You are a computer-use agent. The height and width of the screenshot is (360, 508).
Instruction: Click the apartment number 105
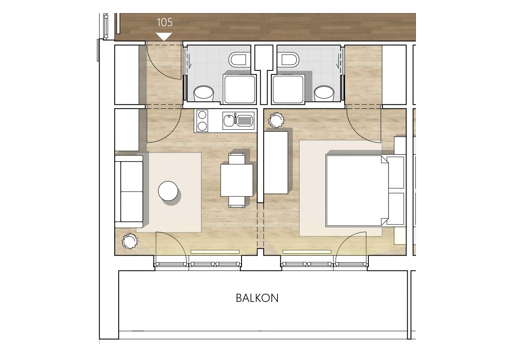pos(165,22)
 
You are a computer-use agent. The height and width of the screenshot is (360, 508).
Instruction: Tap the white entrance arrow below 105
pos(165,36)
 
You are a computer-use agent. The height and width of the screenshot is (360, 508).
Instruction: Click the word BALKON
pos(257,298)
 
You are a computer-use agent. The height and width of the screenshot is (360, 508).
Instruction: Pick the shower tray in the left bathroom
pos(240,89)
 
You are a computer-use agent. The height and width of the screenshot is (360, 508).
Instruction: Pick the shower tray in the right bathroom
pos(288,89)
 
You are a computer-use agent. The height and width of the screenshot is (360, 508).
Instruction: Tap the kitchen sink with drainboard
pos(238,121)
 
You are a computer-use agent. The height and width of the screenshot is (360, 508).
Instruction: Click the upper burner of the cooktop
pos(202,115)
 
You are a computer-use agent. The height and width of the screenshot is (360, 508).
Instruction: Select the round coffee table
pos(168,191)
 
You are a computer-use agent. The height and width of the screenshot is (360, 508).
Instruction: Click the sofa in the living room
pos(129,191)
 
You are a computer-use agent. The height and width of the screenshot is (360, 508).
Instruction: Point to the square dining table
pos(237,180)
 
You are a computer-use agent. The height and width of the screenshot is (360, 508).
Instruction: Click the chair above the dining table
pos(237,158)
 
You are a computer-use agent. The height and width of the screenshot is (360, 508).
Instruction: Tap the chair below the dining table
pos(237,202)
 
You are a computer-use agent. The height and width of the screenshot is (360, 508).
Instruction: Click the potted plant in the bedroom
pos(276,120)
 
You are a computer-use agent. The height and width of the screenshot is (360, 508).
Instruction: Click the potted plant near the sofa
pos(130,241)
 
